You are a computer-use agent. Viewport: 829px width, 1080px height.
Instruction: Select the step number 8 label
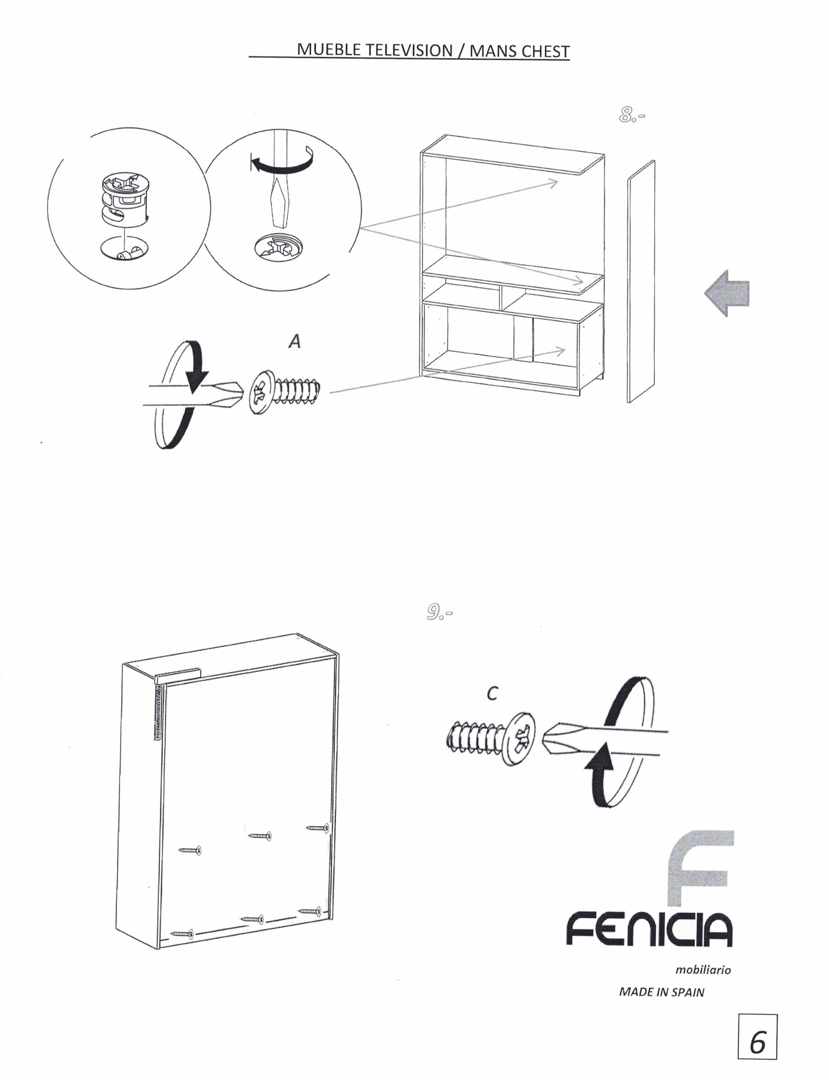coord(631,115)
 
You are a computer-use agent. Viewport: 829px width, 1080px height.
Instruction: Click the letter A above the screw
coord(295,341)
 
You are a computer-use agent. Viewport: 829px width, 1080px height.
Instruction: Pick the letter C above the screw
coord(492,694)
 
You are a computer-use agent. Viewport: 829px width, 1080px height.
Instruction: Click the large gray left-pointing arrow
coord(727,293)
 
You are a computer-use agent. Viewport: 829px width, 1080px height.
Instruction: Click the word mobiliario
coord(703,970)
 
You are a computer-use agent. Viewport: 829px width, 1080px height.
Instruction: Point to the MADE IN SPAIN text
coord(662,992)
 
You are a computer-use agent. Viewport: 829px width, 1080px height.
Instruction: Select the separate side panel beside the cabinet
coord(641,281)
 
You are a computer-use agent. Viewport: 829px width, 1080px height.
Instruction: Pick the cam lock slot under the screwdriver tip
coord(279,246)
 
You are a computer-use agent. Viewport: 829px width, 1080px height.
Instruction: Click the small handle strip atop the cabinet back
coord(178,675)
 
